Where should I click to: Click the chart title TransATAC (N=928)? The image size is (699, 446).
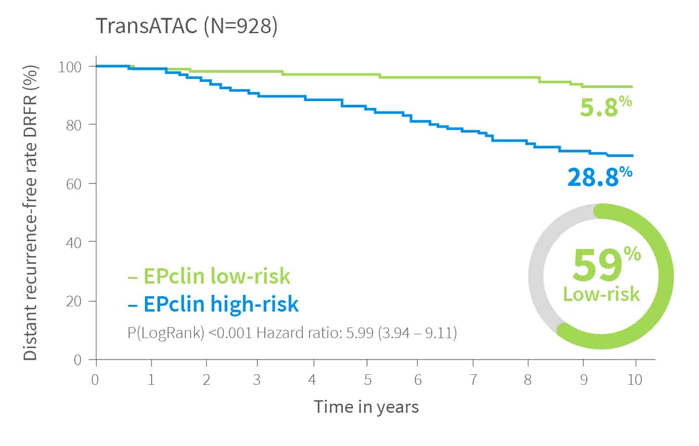pyautogui.click(x=187, y=26)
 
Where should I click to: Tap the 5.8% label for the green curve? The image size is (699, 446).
pyautogui.click(x=605, y=106)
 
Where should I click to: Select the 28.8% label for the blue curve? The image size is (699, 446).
pyautogui.click(x=599, y=176)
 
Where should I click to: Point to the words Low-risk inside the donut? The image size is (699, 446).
pyautogui.click(x=601, y=294)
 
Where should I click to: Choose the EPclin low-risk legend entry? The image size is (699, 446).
pyautogui.click(x=209, y=276)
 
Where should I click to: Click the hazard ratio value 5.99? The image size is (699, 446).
pyautogui.click(x=360, y=333)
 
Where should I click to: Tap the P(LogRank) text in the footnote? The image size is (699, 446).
pyautogui.click(x=166, y=333)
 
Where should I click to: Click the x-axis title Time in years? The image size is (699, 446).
pyautogui.click(x=366, y=407)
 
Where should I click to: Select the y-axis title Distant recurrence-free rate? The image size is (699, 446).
pyautogui.click(x=30, y=212)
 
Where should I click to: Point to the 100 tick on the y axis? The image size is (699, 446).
pyautogui.click(x=69, y=66)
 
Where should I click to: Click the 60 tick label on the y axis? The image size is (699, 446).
pyautogui.click(x=73, y=184)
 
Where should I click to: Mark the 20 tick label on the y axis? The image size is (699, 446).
pyautogui.click(x=73, y=302)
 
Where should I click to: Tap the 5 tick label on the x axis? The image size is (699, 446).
pyautogui.click(x=368, y=380)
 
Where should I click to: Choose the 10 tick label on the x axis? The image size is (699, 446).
pyautogui.click(x=634, y=380)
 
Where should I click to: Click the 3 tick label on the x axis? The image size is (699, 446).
pyautogui.click(x=257, y=380)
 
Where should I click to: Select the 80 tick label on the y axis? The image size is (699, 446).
pyautogui.click(x=73, y=125)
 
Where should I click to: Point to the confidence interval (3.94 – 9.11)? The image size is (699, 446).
pyautogui.click(x=417, y=333)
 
